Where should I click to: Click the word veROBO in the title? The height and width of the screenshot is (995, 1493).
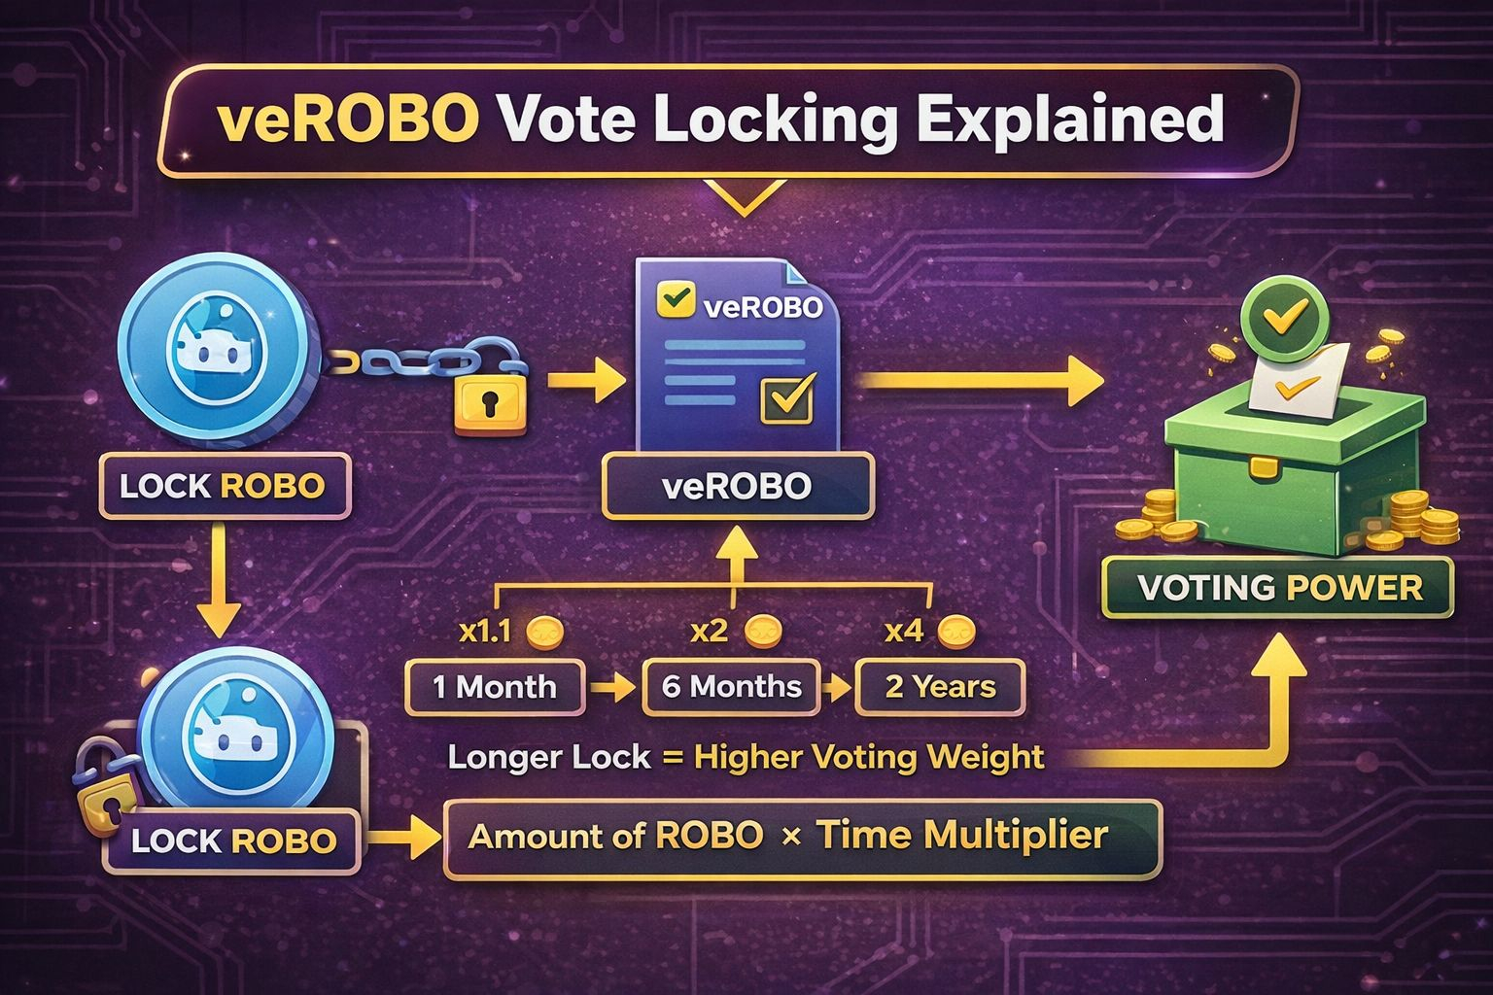click(347, 120)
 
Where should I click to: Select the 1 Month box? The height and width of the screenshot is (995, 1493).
click(495, 687)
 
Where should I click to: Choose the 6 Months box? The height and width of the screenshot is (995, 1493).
click(731, 687)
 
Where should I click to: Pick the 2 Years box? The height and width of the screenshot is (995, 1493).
click(940, 687)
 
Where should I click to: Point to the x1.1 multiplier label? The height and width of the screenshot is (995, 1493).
click(484, 633)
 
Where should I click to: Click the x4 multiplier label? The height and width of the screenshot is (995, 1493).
click(904, 632)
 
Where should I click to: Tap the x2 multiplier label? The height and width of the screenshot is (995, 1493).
click(709, 632)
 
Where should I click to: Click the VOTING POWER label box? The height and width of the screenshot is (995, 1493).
click(1279, 588)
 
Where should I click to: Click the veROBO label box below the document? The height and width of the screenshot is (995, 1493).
click(737, 486)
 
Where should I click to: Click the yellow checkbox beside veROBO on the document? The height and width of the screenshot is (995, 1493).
click(674, 299)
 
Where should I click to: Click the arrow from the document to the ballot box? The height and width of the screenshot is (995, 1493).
click(982, 380)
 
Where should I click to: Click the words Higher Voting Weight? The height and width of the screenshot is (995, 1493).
click(869, 757)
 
